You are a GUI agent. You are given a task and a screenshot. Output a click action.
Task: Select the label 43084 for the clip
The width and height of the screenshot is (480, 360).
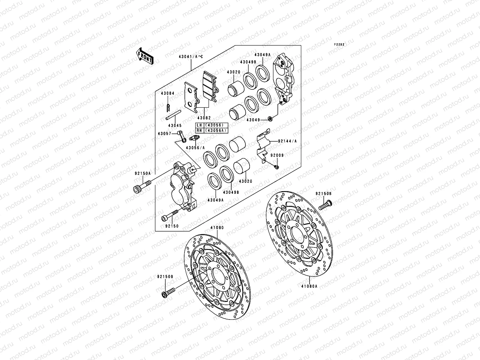pos(167,93)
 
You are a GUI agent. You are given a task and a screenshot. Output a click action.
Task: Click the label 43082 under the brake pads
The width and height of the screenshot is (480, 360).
pos(204,118)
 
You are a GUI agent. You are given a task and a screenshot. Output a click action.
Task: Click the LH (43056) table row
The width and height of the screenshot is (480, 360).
pos(212,125)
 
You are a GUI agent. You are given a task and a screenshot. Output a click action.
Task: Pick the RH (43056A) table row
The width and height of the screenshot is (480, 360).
pos(212,130)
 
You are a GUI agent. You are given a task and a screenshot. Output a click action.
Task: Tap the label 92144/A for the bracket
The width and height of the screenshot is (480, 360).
pos(287,141)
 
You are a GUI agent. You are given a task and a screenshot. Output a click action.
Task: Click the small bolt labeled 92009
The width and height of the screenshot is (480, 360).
pos(277,166)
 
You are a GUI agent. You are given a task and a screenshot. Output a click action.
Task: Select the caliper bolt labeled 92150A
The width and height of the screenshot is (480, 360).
pos(140,188)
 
